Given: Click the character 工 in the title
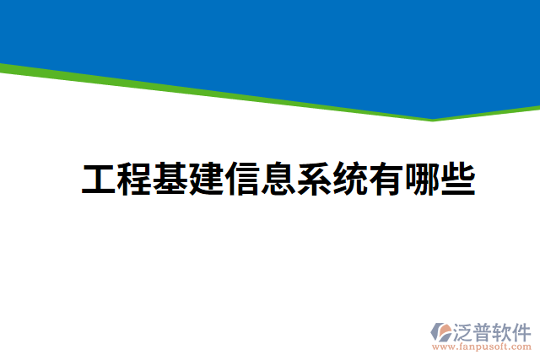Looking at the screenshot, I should point(99,180).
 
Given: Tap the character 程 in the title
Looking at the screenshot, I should point(135,180).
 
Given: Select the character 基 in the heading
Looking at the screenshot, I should point(170,180).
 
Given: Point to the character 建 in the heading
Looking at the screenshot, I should point(207,180).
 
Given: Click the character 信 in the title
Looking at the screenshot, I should point(242,180).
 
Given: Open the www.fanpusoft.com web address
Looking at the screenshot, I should point(483,346).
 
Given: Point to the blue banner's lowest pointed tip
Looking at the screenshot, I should point(433,117).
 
